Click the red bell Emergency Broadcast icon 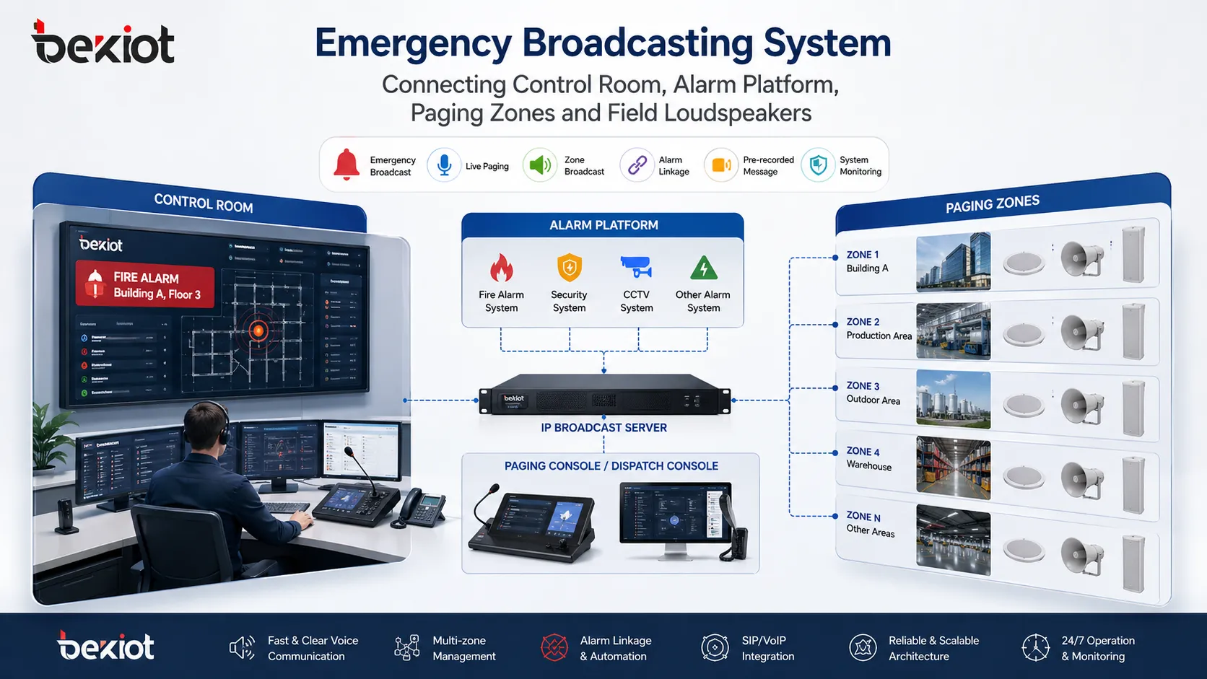347,165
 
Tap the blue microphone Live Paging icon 444,165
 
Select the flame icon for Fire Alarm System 501,268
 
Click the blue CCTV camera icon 636,267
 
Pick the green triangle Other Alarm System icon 703,268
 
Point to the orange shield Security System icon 569,268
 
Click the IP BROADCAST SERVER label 603,428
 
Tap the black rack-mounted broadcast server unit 605,395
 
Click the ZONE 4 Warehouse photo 953,468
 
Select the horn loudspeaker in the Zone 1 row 1082,258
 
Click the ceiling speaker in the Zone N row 1024,551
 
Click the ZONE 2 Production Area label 878,329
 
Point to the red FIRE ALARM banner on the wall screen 145,285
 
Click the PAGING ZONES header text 992,204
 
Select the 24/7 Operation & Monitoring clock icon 1035,647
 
